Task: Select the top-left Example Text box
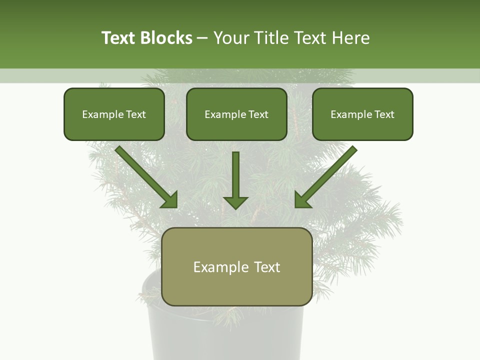click(x=114, y=114)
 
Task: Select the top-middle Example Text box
click(x=236, y=114)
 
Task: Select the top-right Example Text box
click(x=362, y=114)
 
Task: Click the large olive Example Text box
click(x=237, y=267)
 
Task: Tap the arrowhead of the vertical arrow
click(x=235, y=202)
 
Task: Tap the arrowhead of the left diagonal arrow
click(x=170, y=200)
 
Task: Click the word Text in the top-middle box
click(x=258, y=114)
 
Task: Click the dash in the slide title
click(x=202, y=38)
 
